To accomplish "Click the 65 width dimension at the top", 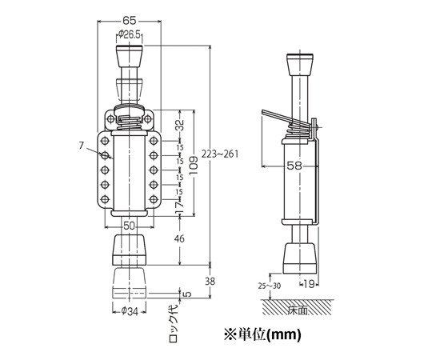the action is pos(130,20).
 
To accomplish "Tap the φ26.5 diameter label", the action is pos(129,34).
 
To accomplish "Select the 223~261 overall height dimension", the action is pos(220,154).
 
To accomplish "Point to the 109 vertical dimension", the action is pos(194,166).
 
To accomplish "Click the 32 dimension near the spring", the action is pos(180,125).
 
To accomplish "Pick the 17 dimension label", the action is pos(180,207).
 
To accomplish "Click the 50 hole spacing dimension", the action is pos(129,226).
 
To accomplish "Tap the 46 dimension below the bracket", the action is pos(179,238).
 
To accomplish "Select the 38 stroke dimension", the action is pos(210,282).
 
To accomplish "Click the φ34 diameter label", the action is pos(130,311).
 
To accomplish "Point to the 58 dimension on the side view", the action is pos(294,166).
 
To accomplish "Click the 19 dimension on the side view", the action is pos(310,284).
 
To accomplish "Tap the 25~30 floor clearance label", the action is pos(270,286).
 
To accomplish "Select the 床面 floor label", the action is pos(298,310).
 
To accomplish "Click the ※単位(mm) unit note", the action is pos(262,334).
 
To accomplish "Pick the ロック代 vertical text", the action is pos(174,324).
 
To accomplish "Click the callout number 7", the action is pos(81,145).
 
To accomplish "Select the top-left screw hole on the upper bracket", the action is pos(110,119).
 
